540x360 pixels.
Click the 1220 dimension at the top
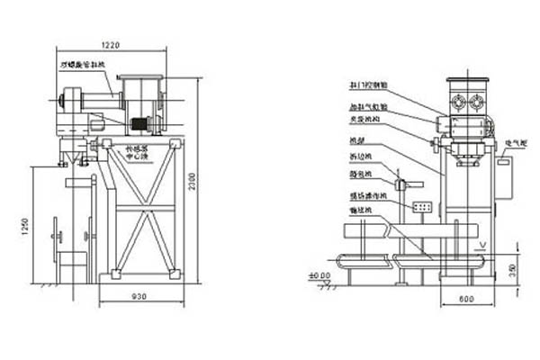tap(111, 44)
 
